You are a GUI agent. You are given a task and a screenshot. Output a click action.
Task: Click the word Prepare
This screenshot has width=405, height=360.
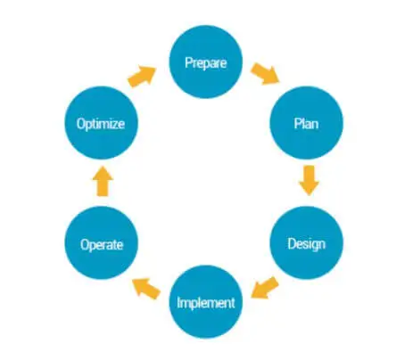[206, 62]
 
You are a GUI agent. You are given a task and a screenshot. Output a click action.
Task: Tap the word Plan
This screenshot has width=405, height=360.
[306, 123]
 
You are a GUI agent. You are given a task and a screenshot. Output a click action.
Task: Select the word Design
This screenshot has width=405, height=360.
[306, 244]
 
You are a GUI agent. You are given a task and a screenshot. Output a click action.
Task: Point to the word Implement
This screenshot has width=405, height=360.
[206, 303]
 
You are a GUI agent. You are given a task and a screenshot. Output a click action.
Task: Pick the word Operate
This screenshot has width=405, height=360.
[102, 244]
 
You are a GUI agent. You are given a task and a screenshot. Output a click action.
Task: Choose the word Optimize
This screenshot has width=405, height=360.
[101, 124]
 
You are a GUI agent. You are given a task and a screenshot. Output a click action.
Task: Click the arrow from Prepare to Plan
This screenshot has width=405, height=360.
[265, 73]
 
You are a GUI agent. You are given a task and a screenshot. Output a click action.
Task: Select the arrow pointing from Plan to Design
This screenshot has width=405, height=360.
[309, 181]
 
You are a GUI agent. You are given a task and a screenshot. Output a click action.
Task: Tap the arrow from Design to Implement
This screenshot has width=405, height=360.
[265, 288]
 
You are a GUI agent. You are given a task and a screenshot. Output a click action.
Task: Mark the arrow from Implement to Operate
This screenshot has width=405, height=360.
[146, 289]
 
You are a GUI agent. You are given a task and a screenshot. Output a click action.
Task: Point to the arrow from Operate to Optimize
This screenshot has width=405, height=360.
[103, 181]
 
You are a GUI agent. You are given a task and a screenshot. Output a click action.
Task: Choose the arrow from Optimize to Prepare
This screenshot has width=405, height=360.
[142, 77]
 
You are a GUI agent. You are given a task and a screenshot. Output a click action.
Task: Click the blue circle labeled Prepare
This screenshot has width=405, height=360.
[206, 61]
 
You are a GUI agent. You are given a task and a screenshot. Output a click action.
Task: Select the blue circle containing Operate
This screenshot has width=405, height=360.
[102, 243]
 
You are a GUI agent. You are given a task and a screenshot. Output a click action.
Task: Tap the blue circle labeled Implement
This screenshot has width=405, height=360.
[206, 302]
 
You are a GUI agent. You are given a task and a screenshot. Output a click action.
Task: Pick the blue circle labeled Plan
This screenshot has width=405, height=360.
[306, 123]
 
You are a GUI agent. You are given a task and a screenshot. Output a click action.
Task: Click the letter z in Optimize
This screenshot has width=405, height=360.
[115, 125]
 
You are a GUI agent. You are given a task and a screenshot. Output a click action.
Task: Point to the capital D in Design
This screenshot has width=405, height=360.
[292, 243]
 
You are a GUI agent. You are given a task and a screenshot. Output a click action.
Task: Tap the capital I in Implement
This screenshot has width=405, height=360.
[178, 302]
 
